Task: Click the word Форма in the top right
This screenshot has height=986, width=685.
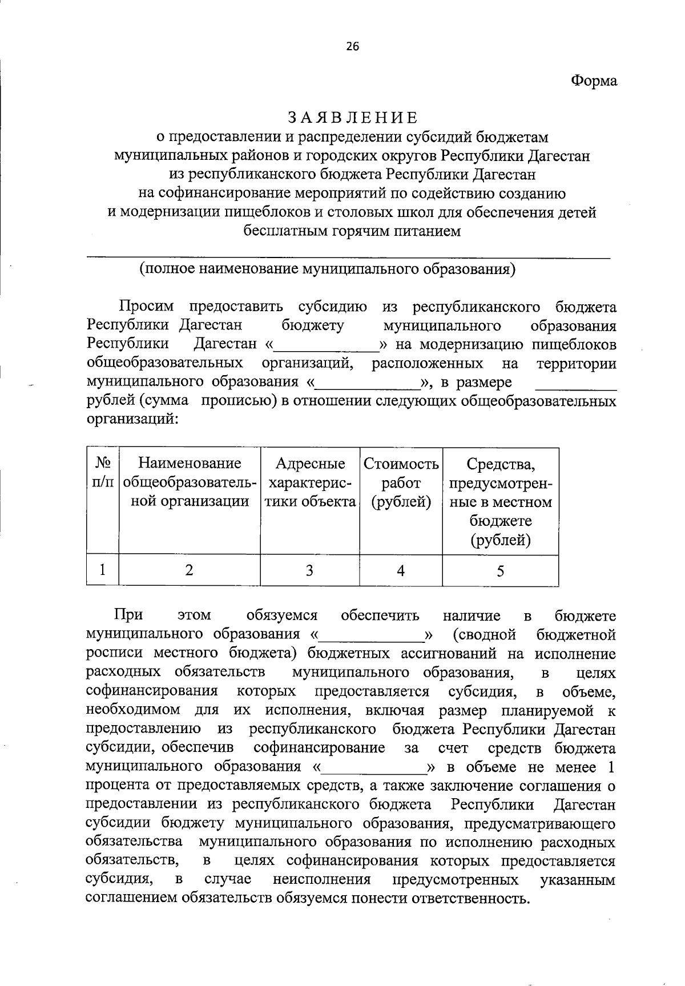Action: (594, 81)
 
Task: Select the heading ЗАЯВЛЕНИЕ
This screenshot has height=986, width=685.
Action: (352, 118)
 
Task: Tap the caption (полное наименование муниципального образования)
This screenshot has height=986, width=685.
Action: (328, 269)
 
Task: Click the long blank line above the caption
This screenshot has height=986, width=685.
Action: (348, 258)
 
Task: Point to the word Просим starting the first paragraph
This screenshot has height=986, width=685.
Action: (146, 307)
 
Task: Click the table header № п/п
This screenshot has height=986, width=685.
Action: (103, 472)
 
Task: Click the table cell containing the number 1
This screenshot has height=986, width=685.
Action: (103, 570)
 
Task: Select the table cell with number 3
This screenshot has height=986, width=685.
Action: (309, 570)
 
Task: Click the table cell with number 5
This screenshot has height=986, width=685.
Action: (501, 570)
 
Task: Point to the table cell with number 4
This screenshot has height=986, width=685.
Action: (401, 570)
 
